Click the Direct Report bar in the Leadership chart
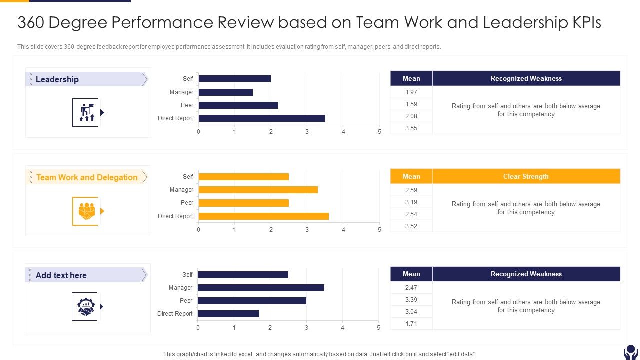tap(262, 118)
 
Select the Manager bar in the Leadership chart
tap(226, 92)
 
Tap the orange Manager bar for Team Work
tap(258, 190)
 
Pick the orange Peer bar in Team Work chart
tap(244, 203)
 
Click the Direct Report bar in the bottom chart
tap(229, 314)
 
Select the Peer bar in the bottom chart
tap(252, 301)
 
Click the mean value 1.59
tap(411, 104)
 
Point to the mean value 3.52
tap(411, 226)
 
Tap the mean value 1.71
tap(411, 324)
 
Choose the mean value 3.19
tap(411, 202)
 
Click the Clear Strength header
tap(526, 176)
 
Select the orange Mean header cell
tap(411, 176)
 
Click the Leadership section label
tap(57, 79)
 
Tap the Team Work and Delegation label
tap(87, 177)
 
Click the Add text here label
tap(61, 275)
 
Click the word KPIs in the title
tap(584, 23)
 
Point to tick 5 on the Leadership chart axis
tap(379, 132)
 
